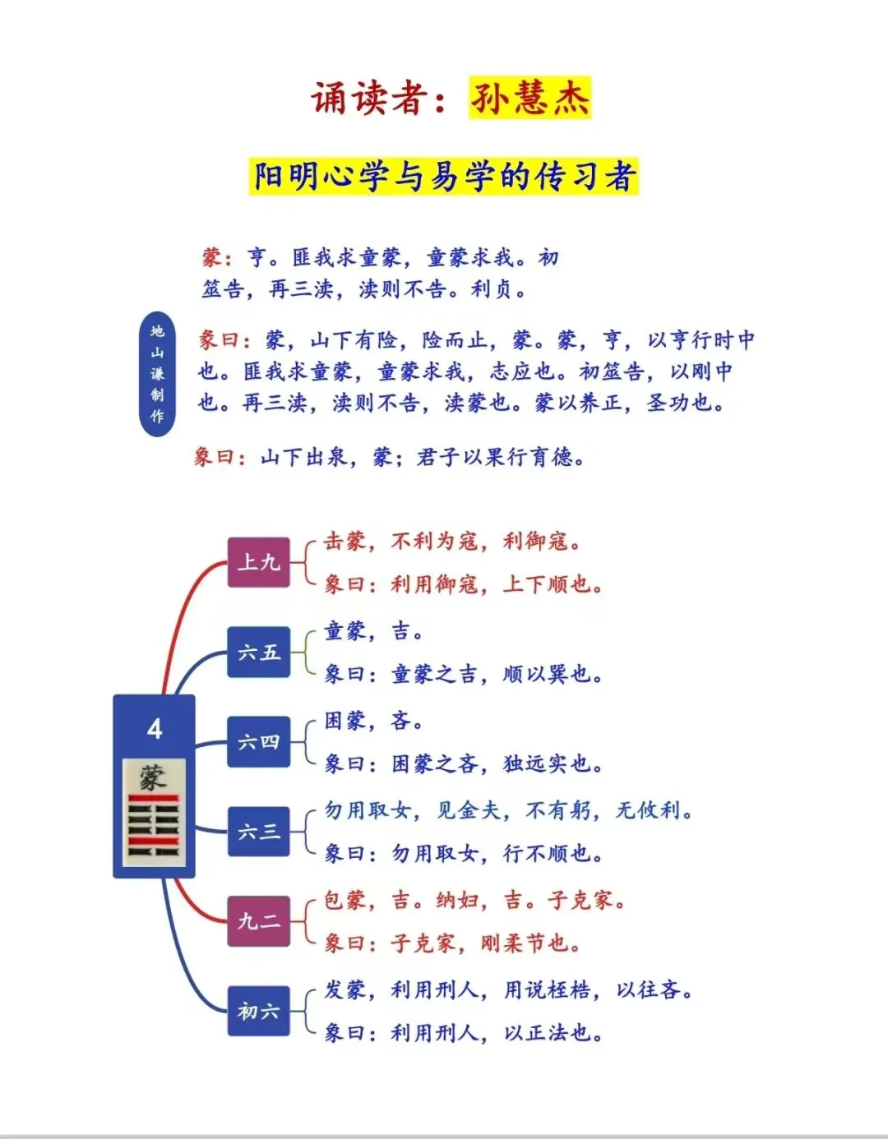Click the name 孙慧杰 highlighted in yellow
click(530, 99)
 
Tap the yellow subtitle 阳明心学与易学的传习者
click(444, 177)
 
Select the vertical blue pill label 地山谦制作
click(157, 374)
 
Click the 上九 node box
click(259, 563)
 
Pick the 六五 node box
click(259, 653)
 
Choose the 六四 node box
click(259, 742)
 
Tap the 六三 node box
click(259, 832)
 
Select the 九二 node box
click(259, 921)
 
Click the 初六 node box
click(259, 1011)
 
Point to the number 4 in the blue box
click(155, 729)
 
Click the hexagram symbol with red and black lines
click(154, 828)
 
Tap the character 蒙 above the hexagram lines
click(152, 777)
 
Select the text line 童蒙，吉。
click(374, 631)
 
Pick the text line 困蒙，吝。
click(374, 721)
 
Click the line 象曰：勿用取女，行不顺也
click(464, 854)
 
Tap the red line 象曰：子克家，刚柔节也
click(452, 943)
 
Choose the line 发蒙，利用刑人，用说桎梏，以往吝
click(508, 989)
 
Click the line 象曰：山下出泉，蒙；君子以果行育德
click(390, 457)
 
